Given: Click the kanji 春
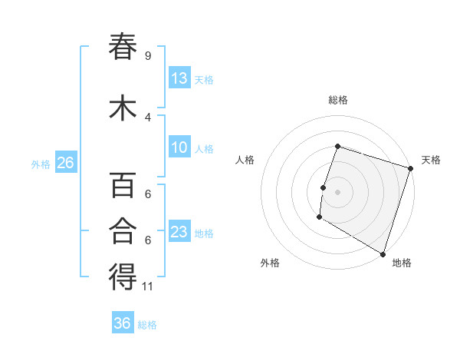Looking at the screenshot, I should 123,47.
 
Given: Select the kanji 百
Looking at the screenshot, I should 123,187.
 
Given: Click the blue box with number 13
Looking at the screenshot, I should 179,78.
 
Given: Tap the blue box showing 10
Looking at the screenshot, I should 179,148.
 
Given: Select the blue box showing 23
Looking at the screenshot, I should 179,233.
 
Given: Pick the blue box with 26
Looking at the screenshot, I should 65,164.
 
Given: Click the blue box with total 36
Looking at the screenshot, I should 123,323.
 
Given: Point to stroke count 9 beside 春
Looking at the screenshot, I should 148,56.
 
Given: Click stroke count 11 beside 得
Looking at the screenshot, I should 148,286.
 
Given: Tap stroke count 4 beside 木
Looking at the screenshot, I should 148,117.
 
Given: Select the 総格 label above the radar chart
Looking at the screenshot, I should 337,100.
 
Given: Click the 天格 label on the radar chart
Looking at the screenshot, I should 431,160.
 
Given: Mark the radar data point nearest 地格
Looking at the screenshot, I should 383,253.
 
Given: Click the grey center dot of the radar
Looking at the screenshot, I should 337,191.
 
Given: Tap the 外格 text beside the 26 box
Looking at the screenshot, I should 41,164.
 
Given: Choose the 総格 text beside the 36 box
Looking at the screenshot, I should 147,324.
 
